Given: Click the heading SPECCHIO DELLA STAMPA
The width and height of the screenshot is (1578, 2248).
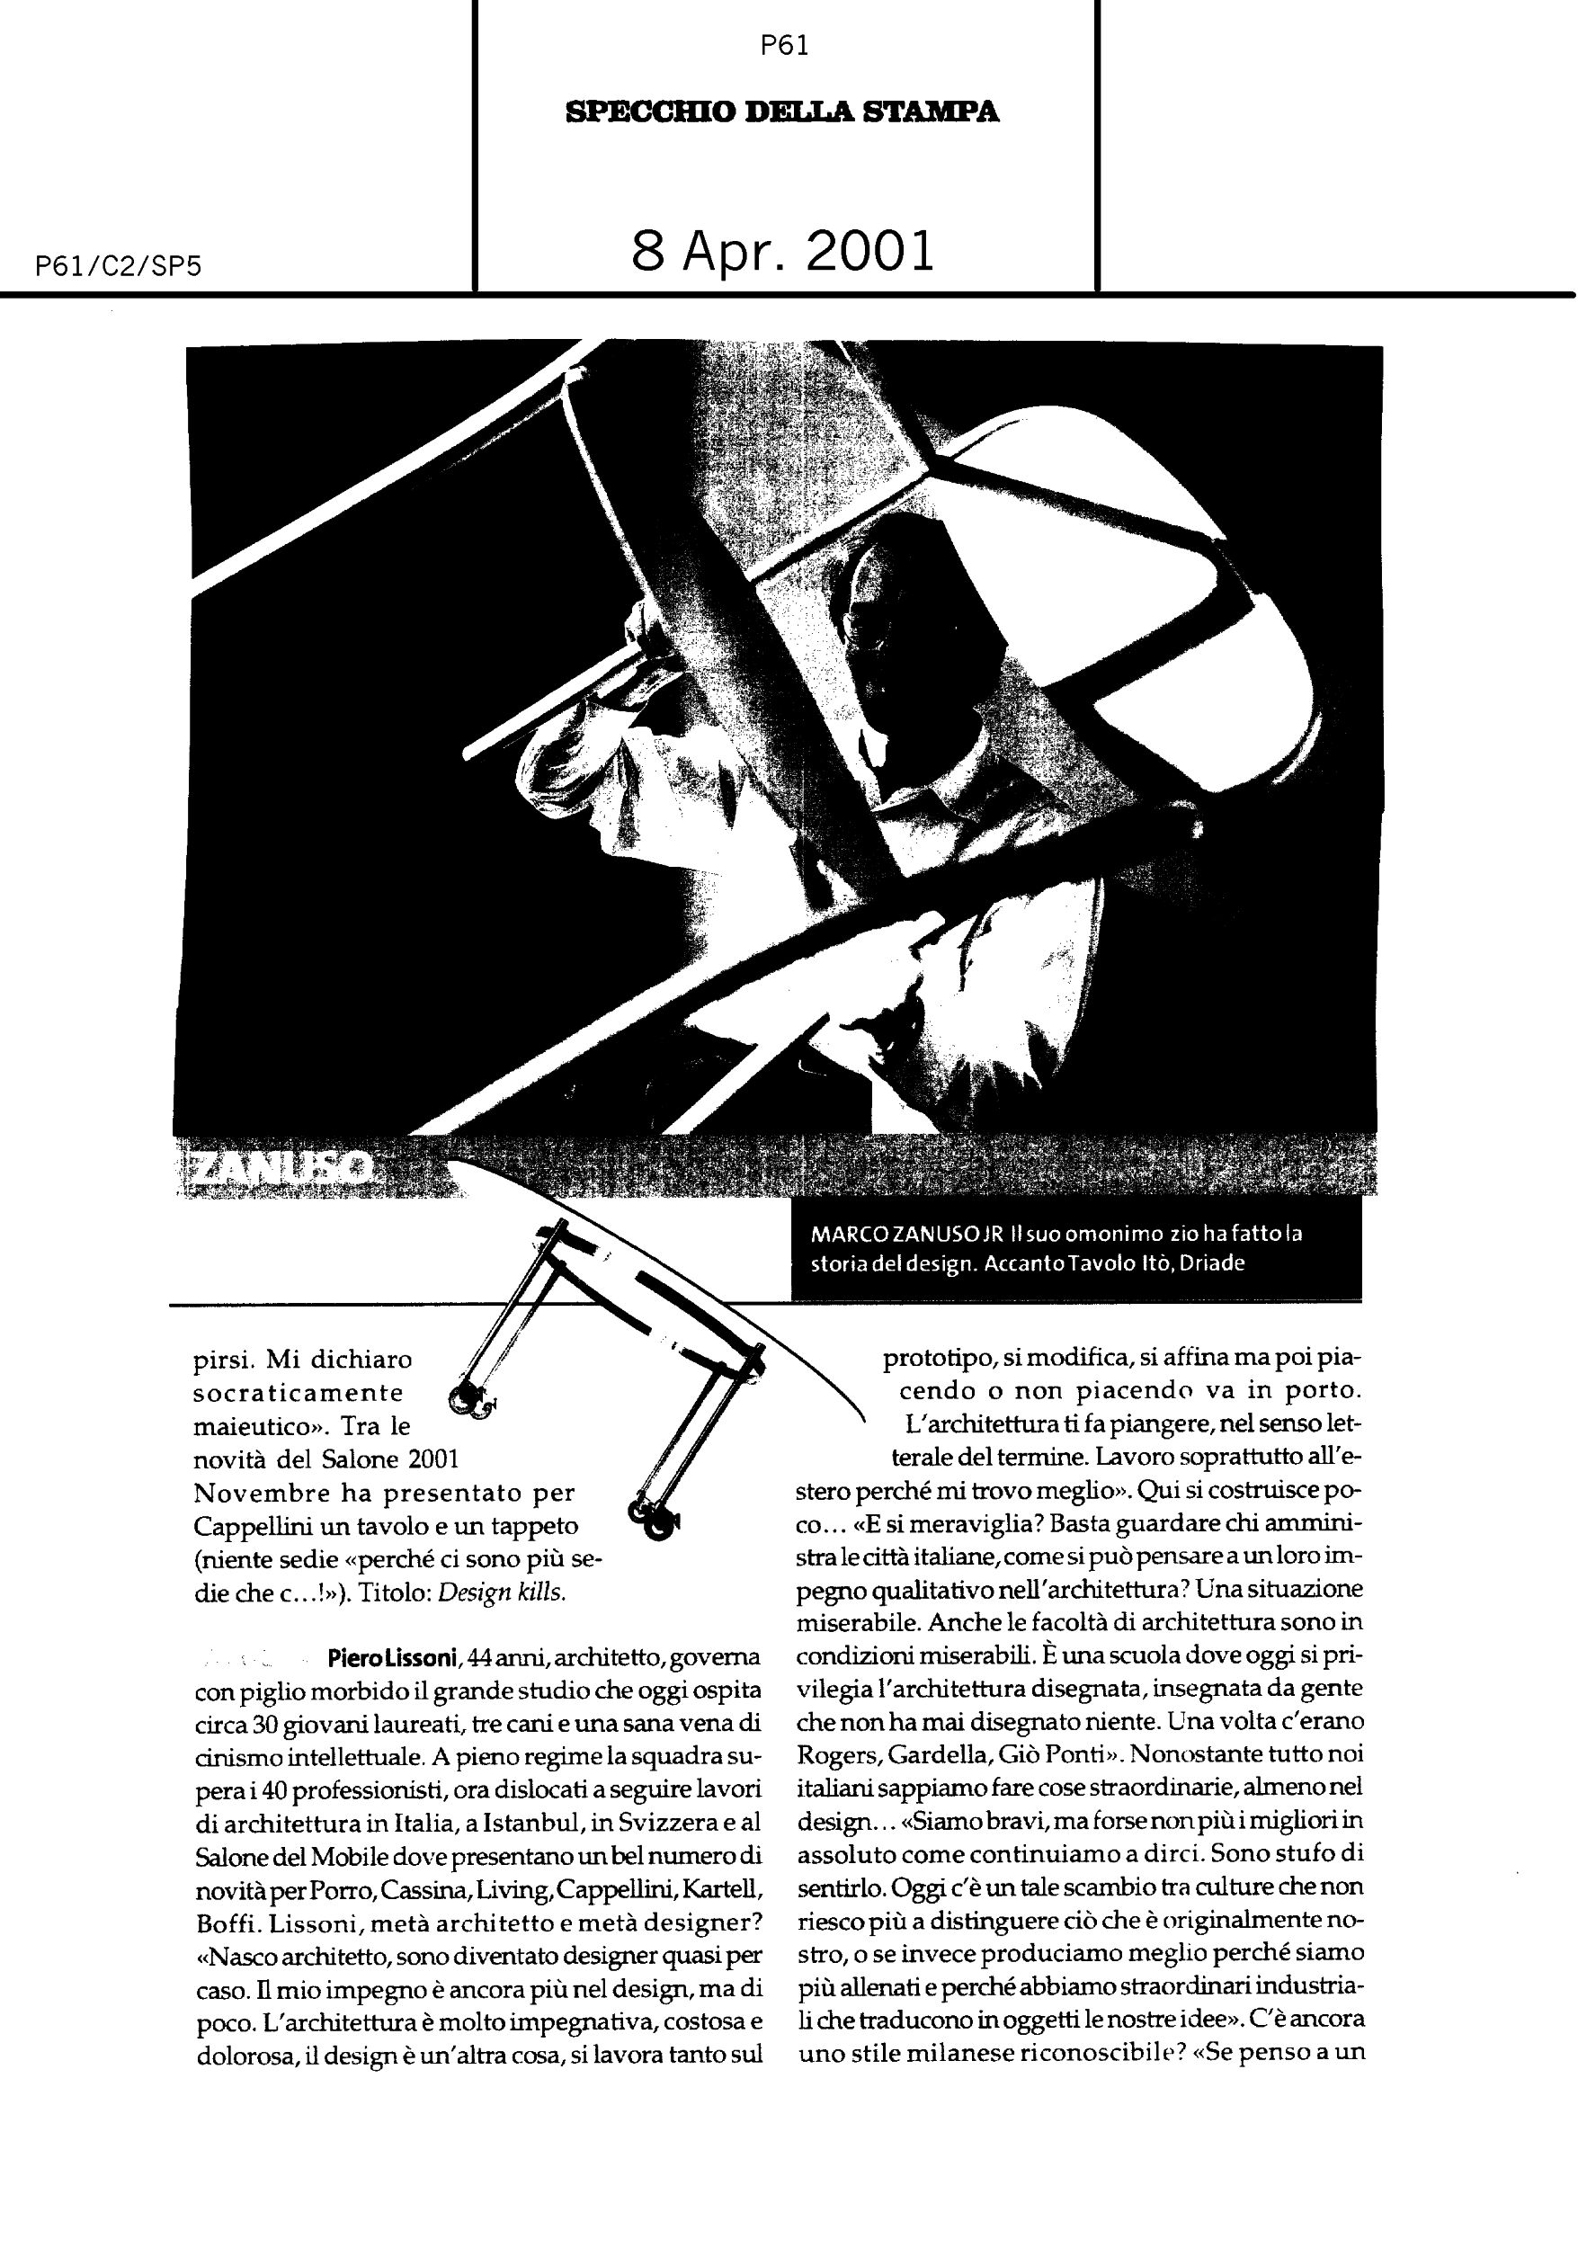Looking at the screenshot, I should click(x=782, y=112).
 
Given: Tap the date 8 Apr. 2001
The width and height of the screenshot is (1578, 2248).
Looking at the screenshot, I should click(x=782, y=252).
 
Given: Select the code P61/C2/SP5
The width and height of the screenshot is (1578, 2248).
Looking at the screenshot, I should click(x=118, y=266).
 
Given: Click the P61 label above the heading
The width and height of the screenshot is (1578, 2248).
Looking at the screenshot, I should click(x=784, y=46).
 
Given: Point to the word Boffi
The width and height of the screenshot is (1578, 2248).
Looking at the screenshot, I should click(x=221, y=1922).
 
